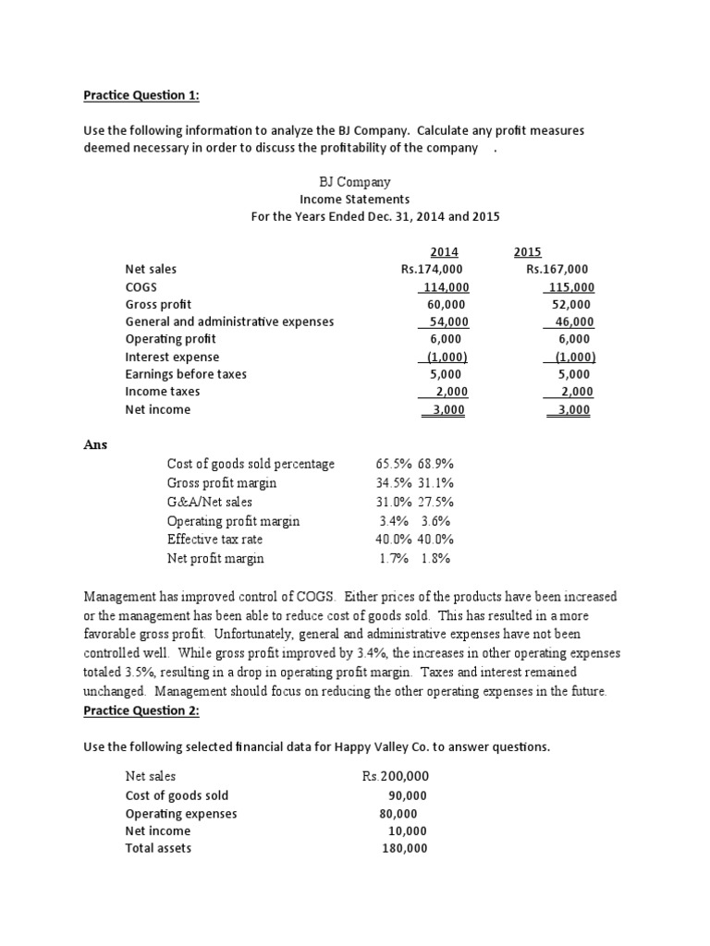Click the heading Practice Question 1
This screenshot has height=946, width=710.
tap(141, 95)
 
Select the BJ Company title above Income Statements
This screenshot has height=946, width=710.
tap(354, 182)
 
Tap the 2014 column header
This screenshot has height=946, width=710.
tap(444, 252)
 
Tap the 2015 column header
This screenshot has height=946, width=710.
tap(527, 252)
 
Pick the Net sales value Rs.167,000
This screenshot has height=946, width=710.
tap(557, 269)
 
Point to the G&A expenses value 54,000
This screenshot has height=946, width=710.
tap(444, 321)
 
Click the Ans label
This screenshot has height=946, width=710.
tap(95, 444)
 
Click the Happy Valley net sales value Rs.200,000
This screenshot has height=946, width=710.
tap(396, 777)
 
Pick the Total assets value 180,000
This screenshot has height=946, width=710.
tap(404, 848)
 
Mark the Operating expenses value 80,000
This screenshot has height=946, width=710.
tap(398, 813)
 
